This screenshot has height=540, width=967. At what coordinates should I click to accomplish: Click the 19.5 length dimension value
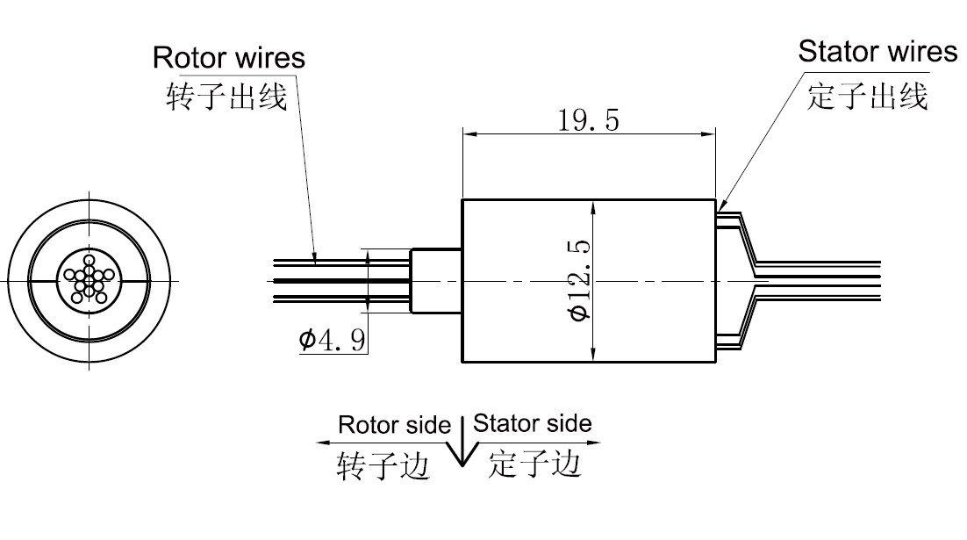(588, 119)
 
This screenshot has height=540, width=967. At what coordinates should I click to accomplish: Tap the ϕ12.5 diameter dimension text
(578, 280)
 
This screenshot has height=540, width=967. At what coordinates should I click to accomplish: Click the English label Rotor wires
(229, 58)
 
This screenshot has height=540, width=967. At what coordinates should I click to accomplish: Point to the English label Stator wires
(877, 52)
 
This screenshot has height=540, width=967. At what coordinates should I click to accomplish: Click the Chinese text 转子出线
(226, 96)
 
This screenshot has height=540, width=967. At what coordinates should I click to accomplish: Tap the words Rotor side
(395, 426)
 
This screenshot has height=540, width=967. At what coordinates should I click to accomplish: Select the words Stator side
(533, 424)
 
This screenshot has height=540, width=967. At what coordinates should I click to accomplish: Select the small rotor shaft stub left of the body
(435, 280)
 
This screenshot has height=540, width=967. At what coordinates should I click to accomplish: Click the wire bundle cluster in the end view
(88, 280)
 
